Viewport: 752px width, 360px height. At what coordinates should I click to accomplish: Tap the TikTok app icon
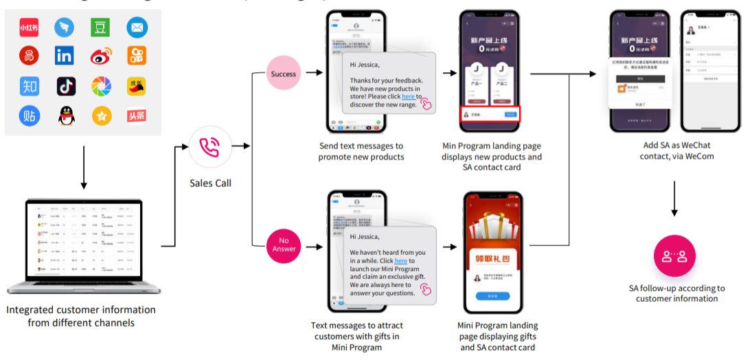(65, 86)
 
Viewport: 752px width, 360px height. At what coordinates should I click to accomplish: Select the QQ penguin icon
(65, 115)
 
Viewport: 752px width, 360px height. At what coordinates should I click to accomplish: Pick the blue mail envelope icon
(137, 27)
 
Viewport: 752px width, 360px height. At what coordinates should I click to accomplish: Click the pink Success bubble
(284, 74)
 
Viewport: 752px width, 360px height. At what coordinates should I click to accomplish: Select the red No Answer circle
(284, 245)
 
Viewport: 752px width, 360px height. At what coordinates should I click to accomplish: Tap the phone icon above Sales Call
(209, 146)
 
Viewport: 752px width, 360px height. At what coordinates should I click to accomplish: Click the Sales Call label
(210, 183)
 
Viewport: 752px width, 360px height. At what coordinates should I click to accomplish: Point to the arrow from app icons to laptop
(83, 165)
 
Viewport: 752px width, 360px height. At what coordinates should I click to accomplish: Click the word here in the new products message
(408, 97)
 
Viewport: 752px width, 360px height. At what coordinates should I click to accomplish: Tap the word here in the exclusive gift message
(401, 261)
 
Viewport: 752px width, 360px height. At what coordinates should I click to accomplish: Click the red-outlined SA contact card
(490, 115)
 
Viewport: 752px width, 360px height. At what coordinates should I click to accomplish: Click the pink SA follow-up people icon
(674, 256)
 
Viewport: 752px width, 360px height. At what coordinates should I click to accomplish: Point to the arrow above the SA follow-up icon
(674, 199)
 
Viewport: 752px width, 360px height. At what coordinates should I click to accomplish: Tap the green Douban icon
(101, 27)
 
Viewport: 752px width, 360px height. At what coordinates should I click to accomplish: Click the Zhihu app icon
(30, 86)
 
